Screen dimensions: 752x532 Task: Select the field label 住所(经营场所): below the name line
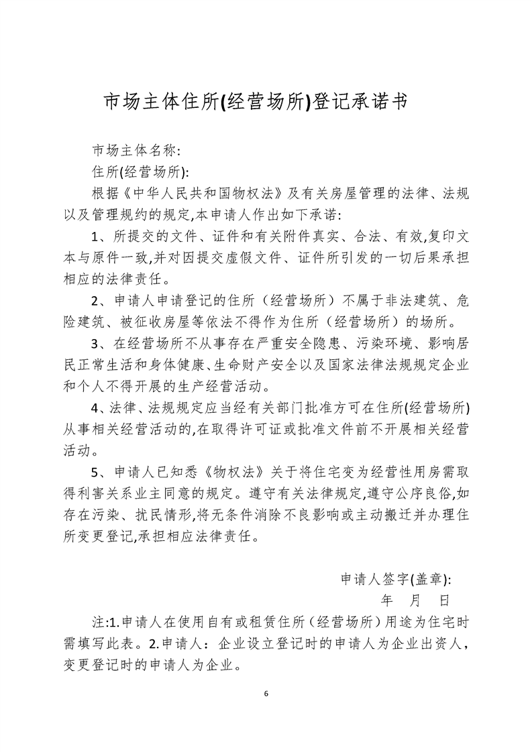[140, 172]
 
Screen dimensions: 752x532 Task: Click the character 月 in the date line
[414, 599]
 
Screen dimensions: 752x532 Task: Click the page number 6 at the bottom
[266, 693]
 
